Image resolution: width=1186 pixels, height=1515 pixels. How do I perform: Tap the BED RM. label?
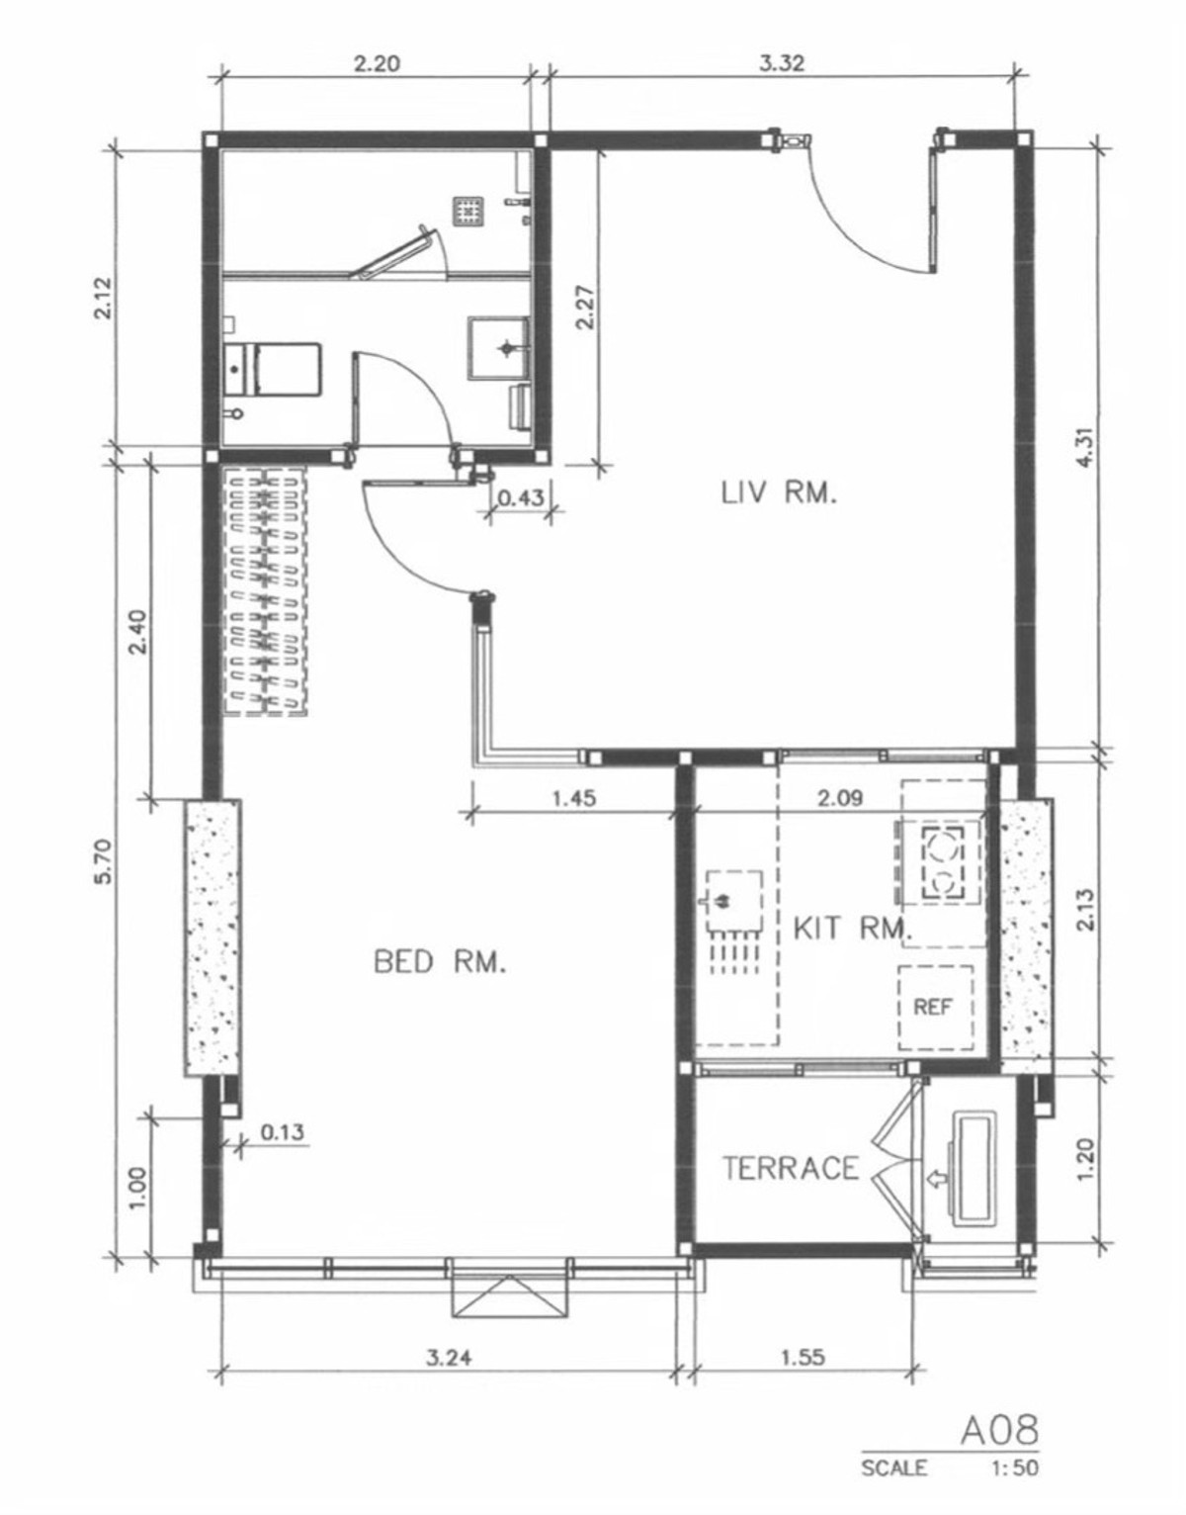tap(440, 962)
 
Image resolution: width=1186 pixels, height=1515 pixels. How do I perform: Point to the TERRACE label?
tap(791, 1168)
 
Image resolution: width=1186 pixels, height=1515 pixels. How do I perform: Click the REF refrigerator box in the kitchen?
tap(935, 1008)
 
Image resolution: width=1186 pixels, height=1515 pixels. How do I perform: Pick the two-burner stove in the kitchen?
tap(944, 861)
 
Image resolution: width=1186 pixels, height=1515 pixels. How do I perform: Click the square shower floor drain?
tap(469, 211)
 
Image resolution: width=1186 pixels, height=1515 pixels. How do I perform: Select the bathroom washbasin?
tap(499, 348)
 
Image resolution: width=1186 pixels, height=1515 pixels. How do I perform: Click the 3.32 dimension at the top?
tap(782, 64)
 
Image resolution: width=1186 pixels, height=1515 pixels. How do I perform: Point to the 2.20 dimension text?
tap(378, 64)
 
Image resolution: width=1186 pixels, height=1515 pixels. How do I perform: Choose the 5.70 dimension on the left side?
tap(103, 861)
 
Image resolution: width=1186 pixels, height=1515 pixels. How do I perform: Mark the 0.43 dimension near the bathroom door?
tap(521, 497)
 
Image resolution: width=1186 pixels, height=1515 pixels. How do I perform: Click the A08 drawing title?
tap(1000, 1430)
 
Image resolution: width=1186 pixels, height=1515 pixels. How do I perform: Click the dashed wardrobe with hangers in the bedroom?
tap(265, 590)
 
